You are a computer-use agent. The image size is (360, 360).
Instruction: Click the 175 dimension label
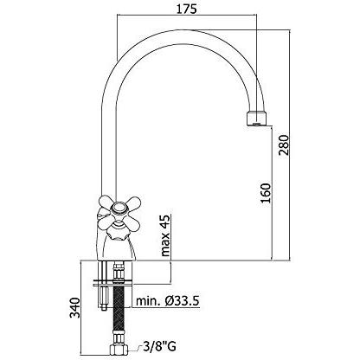coord(186,9)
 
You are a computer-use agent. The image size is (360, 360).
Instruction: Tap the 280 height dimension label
coord(284,145)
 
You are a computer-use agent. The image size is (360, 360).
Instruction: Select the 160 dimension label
coord(266,193)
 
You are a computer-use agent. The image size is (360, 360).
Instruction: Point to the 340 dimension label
coord(74,308)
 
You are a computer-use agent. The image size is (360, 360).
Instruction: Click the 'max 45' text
coord(165,235)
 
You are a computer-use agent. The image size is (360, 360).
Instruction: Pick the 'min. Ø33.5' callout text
coord(168,301)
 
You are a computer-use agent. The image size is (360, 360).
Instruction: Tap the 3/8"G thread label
coord(159,346)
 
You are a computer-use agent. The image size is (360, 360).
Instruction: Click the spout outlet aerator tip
coord(256,119)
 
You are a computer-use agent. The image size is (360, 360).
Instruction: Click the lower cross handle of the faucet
coord(119,226)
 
